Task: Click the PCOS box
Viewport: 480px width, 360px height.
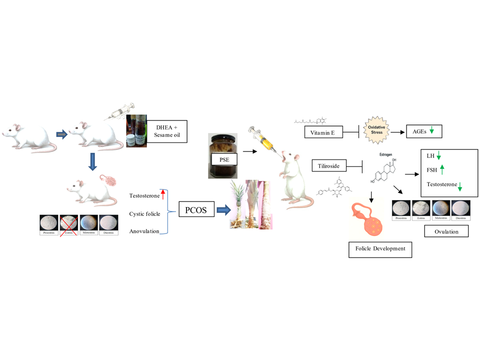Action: (196, 211)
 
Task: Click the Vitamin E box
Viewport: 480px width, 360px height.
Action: (322, 132)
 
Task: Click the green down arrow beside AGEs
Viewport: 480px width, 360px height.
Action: (432, 132)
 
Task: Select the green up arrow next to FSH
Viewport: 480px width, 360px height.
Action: (441, 170)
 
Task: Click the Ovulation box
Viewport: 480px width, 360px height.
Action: (446, 231)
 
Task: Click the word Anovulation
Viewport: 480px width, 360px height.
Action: (144, 231)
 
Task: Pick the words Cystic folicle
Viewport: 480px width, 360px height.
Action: (145, 214)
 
